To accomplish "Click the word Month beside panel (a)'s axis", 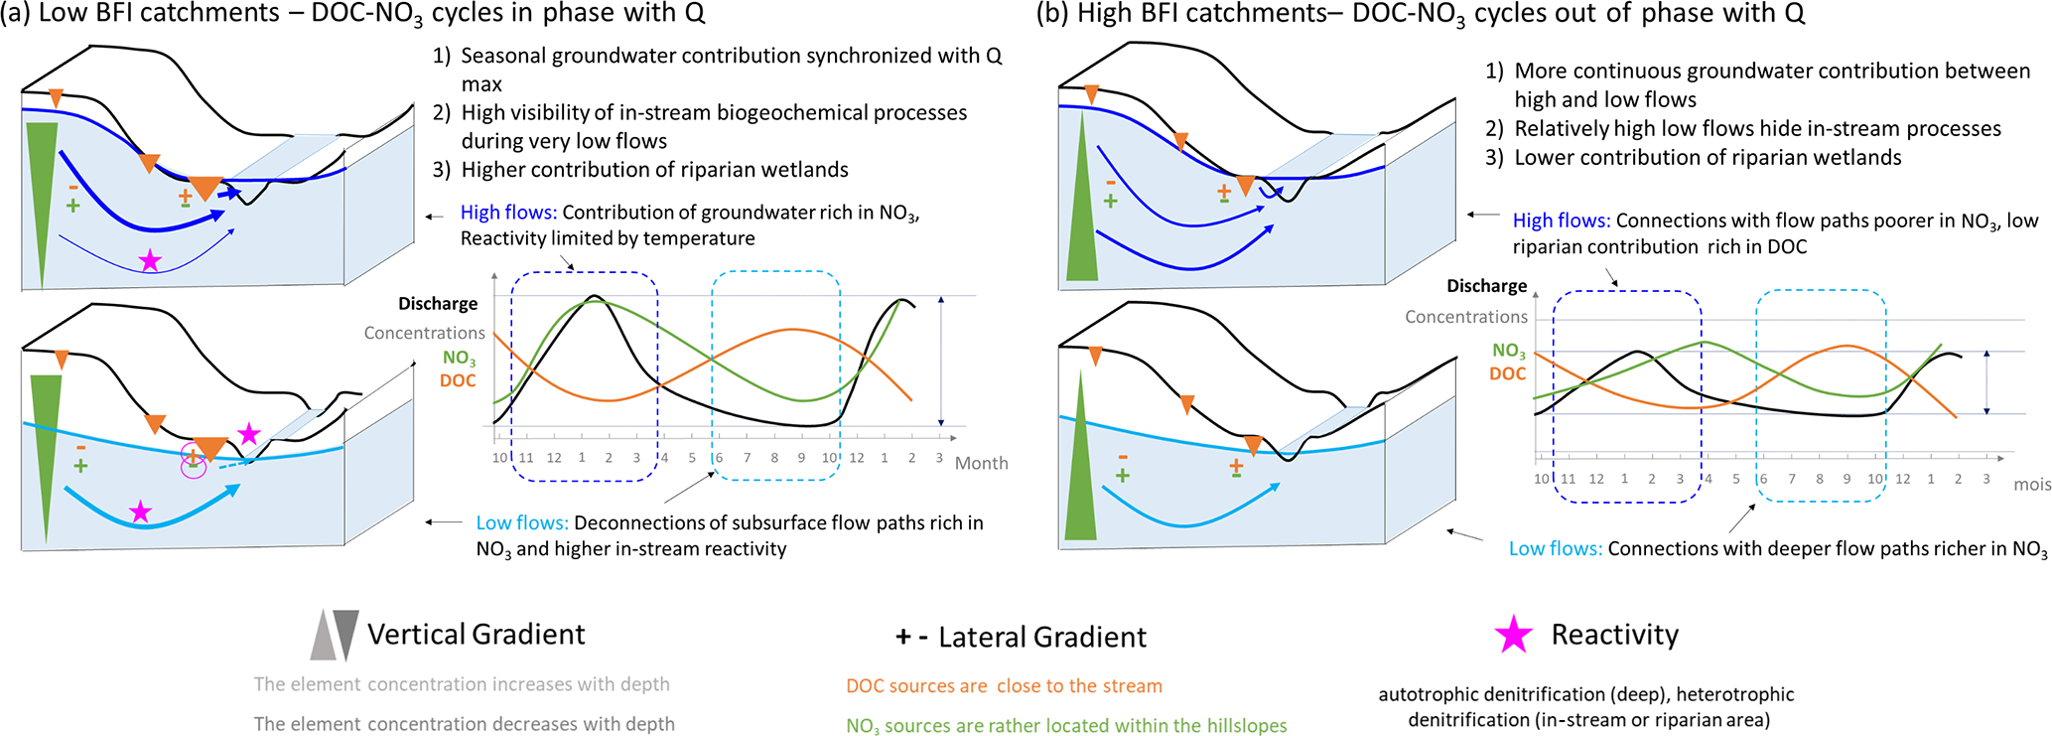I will click(x=981, y=463).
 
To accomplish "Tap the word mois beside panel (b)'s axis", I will click(x=2032, y=485).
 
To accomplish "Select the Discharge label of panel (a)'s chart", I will click(x=438, y=303).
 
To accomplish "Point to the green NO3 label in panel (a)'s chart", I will click(x=459, y=358).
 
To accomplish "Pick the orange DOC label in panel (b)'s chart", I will click(x=1507, y=374).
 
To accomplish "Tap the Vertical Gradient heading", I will click(x=477, y=634).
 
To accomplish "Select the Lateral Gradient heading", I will click(x=1042, y=637).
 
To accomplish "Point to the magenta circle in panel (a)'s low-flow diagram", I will click(x=193, y=463).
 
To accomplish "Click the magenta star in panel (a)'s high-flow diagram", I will click(x=150, y=261).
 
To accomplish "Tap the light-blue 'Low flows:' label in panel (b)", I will click(x=1555, y=548).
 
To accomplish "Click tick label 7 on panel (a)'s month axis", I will click(x=747, y=458).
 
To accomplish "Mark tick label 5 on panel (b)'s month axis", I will click(x=1735, y=479).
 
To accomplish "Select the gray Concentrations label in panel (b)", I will click(x=1465, y=317).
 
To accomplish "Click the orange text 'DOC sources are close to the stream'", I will click(x=1004, y=685).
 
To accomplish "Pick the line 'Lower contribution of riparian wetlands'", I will click(x=1708, y=157).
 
